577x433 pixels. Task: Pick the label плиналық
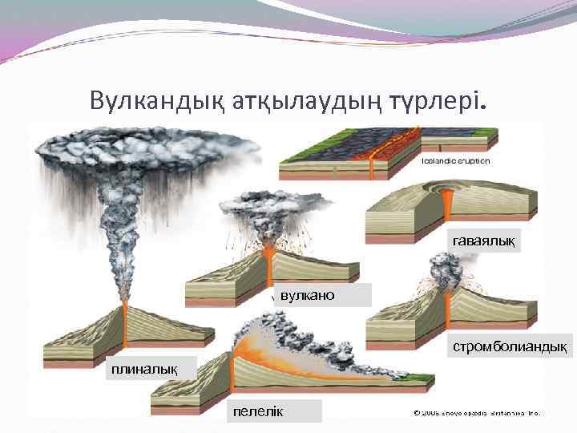139,368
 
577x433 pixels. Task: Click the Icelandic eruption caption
455,161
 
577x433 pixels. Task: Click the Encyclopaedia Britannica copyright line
478,414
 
